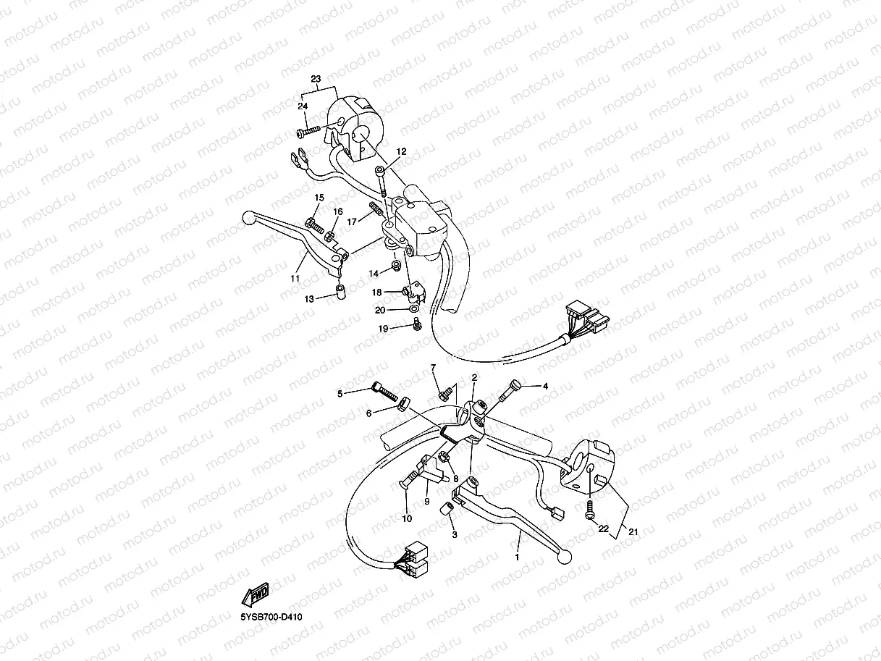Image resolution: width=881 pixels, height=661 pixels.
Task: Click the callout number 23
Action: (x=316, y=79)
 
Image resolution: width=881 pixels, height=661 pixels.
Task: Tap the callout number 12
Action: (x=401, y=151)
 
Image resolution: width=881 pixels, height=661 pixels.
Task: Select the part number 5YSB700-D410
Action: (x=271, y=617)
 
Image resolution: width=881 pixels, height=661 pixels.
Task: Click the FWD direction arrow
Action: (x=256, y=594)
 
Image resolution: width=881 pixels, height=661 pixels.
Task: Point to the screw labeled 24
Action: (x=308, y=131)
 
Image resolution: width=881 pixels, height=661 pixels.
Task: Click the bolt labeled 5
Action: (x=385, y=392)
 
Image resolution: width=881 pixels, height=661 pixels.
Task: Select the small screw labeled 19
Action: (x=418, y=324)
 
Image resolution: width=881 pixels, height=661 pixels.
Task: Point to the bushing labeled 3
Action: (x=447, y=508)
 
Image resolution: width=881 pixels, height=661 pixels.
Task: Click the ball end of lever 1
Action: (x=565, y=557)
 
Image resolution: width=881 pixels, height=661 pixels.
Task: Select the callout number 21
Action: (x=633, y=532)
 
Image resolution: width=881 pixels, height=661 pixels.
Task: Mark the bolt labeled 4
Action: (x=510, y=390)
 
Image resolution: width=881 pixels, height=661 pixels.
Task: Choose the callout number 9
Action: (x=426, y=501)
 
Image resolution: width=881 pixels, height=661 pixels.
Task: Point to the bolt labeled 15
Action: (x=314, y=226)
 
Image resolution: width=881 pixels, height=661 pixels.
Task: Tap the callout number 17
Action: (x=352, y=222)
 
